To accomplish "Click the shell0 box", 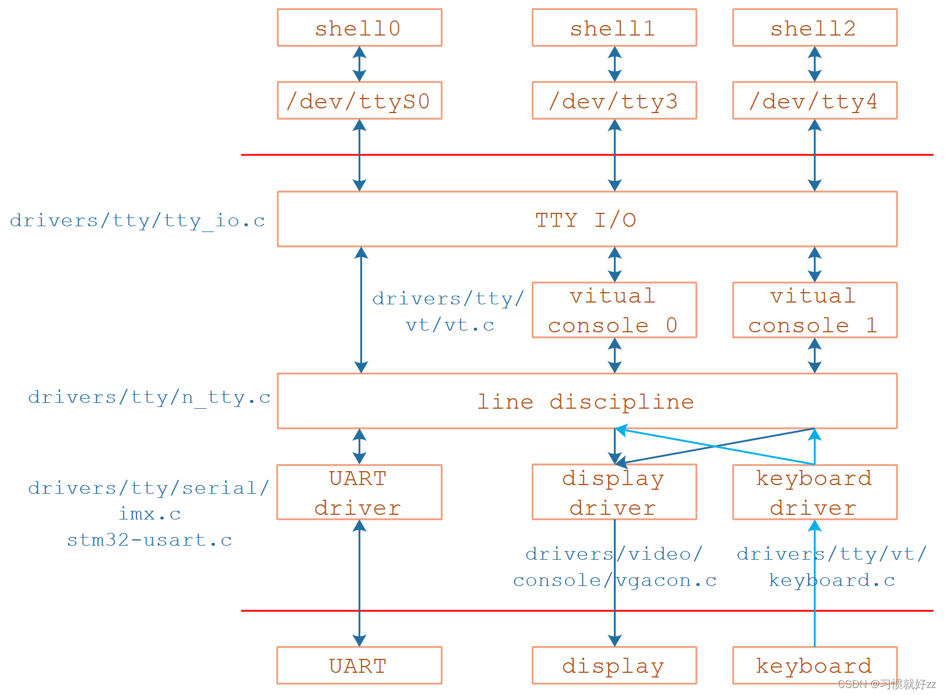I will tap(359, 27).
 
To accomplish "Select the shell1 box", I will tap(614, 27).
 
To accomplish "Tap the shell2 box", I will tap(814, 27).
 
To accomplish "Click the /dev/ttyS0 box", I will tap(359, 101).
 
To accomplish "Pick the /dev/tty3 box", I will tap(614, 101).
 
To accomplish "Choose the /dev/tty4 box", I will tap(814, 101).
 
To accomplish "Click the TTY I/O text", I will tap(586, 220).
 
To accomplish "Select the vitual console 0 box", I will tap(614, 310).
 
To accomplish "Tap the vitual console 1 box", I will tap(814, 310).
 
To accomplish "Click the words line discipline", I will tap(586, 402).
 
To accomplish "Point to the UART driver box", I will tap(359, 493).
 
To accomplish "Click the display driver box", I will tap(614, 493).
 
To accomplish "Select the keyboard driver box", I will tap(814, 493).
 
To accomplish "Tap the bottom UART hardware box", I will tap(359, 665).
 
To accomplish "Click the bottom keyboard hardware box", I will tap(814, 665).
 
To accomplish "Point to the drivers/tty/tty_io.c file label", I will tap(138, 220).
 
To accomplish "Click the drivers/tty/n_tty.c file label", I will tap(149, 397).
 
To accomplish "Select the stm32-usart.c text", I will tap(150, 540).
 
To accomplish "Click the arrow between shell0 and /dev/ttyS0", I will tap(360, 64).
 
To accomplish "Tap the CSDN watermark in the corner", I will tap(886, 684).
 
